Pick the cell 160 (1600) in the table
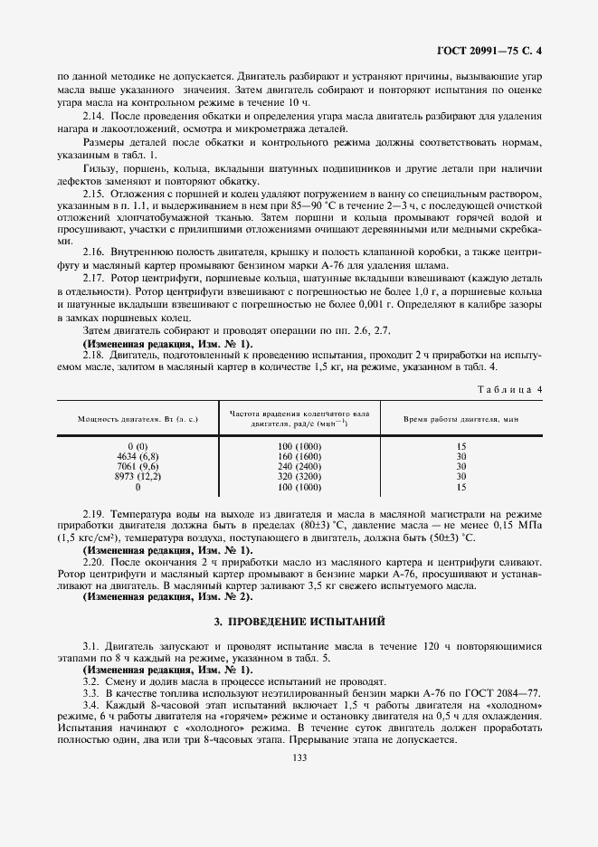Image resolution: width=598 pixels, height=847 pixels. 299,457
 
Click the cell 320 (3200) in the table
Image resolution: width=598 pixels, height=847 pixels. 299,477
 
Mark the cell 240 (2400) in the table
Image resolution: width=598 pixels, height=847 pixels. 299,467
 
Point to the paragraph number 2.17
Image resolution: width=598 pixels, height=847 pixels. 94,279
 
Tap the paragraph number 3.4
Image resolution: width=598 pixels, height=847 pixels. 91,704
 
